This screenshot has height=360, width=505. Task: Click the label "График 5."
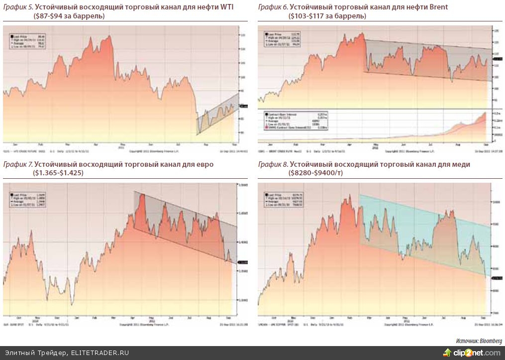(x=17, y=7)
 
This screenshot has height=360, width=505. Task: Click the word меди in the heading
(x=460, y=164)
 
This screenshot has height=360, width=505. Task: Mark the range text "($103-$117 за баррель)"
(x=327, y=16)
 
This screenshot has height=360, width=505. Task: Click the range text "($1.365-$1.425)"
(x=59, y=173)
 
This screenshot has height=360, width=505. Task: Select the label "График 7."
(x=17, y=164)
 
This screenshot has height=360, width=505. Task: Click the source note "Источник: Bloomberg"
(x=479, y=341)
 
